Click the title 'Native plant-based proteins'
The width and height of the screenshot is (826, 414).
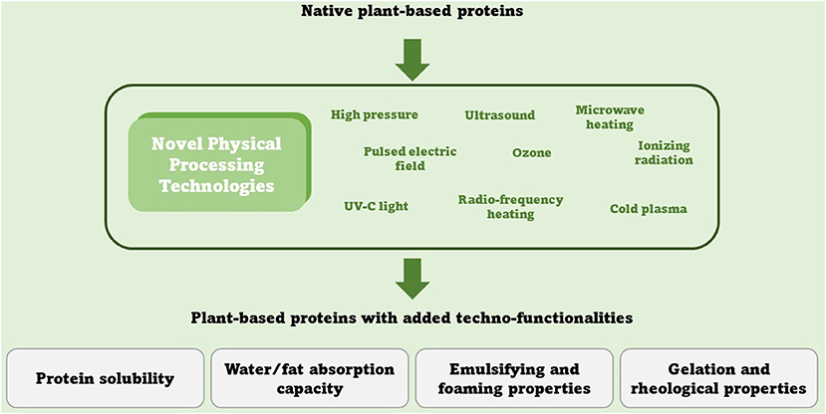[412, 11]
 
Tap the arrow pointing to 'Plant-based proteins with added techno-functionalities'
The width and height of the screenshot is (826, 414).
[413, 279]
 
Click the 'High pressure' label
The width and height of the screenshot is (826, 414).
[375, 115]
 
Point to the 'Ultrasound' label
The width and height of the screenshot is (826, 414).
[500, 115]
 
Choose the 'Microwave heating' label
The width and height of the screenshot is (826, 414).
[610, 117]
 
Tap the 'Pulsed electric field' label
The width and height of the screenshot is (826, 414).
[410, 158]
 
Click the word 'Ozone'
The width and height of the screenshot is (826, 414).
[531, 153]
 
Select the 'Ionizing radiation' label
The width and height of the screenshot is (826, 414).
[664, 152]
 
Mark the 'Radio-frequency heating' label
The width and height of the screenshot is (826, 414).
[510, 207]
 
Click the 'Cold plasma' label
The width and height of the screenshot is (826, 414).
[649, 209]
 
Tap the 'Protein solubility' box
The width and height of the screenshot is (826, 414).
[106, 378]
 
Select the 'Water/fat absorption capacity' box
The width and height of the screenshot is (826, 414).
[310, 378]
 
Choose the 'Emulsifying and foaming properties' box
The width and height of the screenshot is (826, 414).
[514, 378]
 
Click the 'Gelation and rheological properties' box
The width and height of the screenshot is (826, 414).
[719, 378]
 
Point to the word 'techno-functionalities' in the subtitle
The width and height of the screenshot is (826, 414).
[552, 318]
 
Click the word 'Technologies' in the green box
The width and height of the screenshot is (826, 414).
[217, 186]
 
